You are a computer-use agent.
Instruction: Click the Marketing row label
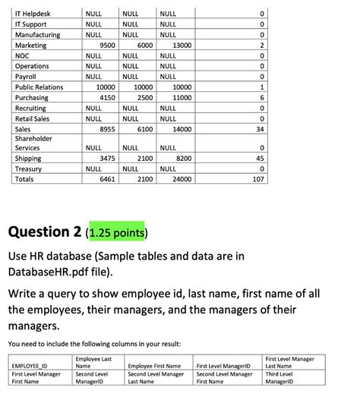click(x=31, y=46)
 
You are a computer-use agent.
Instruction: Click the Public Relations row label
click(x=39, y=87)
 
